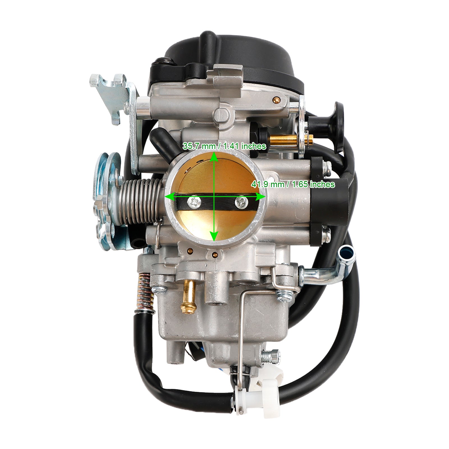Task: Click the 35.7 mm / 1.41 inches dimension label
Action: [224, 146]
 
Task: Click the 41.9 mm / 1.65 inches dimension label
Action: [293, 184]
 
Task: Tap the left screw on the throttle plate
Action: [194, 201]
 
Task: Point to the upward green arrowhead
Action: [214, 157]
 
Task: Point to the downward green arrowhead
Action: [214, 236]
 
